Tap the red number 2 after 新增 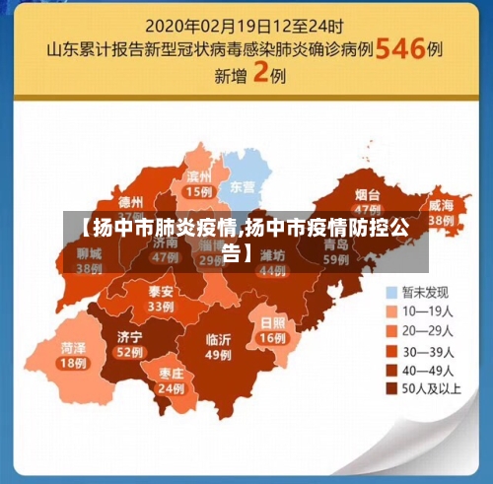click(260, 73)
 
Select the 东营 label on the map click(242, 185)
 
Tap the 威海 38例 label click(440, 211)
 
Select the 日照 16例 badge click(271, 329)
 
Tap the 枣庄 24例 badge click(171, 380)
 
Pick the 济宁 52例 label click(129, 343)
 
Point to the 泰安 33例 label click(161, 299)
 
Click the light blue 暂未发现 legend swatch click(392, 292)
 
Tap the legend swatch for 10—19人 click(392, 311)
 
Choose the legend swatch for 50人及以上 click(392, 389)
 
